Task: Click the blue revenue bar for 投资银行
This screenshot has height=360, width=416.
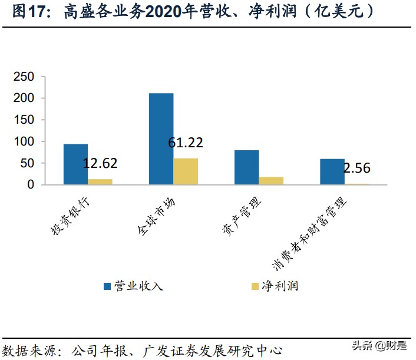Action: [75, 164]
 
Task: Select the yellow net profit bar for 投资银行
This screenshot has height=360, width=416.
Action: [100, 181]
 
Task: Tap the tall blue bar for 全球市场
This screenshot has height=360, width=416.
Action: [161, 139]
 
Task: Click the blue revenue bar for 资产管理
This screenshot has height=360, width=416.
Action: [246, 167]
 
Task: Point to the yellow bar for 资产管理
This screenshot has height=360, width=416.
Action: [271, 181]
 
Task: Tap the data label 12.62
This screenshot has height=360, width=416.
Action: [100, 163]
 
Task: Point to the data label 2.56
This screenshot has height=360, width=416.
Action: [356, 168]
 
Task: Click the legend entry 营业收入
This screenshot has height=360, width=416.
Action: [133, 286]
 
